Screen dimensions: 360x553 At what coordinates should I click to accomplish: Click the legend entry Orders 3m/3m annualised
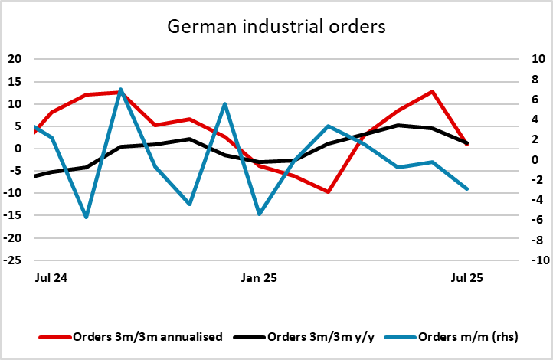[x=147, y=336]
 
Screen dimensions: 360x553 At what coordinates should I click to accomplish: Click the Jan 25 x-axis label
[x=260, y=277]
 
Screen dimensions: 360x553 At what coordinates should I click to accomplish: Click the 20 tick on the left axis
[x=16, y=59]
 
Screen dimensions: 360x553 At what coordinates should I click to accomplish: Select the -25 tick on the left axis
[x=14, y=260]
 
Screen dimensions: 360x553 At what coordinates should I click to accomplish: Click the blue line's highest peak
[x=121, y=89]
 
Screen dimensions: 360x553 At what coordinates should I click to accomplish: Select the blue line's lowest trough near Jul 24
[x=87, y=218]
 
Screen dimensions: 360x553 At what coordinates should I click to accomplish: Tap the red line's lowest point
[x=329, y=191]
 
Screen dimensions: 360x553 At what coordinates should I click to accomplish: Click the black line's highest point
[x=398, y=125]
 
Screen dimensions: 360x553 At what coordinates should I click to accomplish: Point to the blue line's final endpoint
[x=466, y=188]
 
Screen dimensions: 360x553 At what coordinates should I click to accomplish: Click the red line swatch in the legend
[x=54, y=336]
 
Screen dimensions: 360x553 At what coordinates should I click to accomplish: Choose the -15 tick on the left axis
[x=14, y=216]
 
